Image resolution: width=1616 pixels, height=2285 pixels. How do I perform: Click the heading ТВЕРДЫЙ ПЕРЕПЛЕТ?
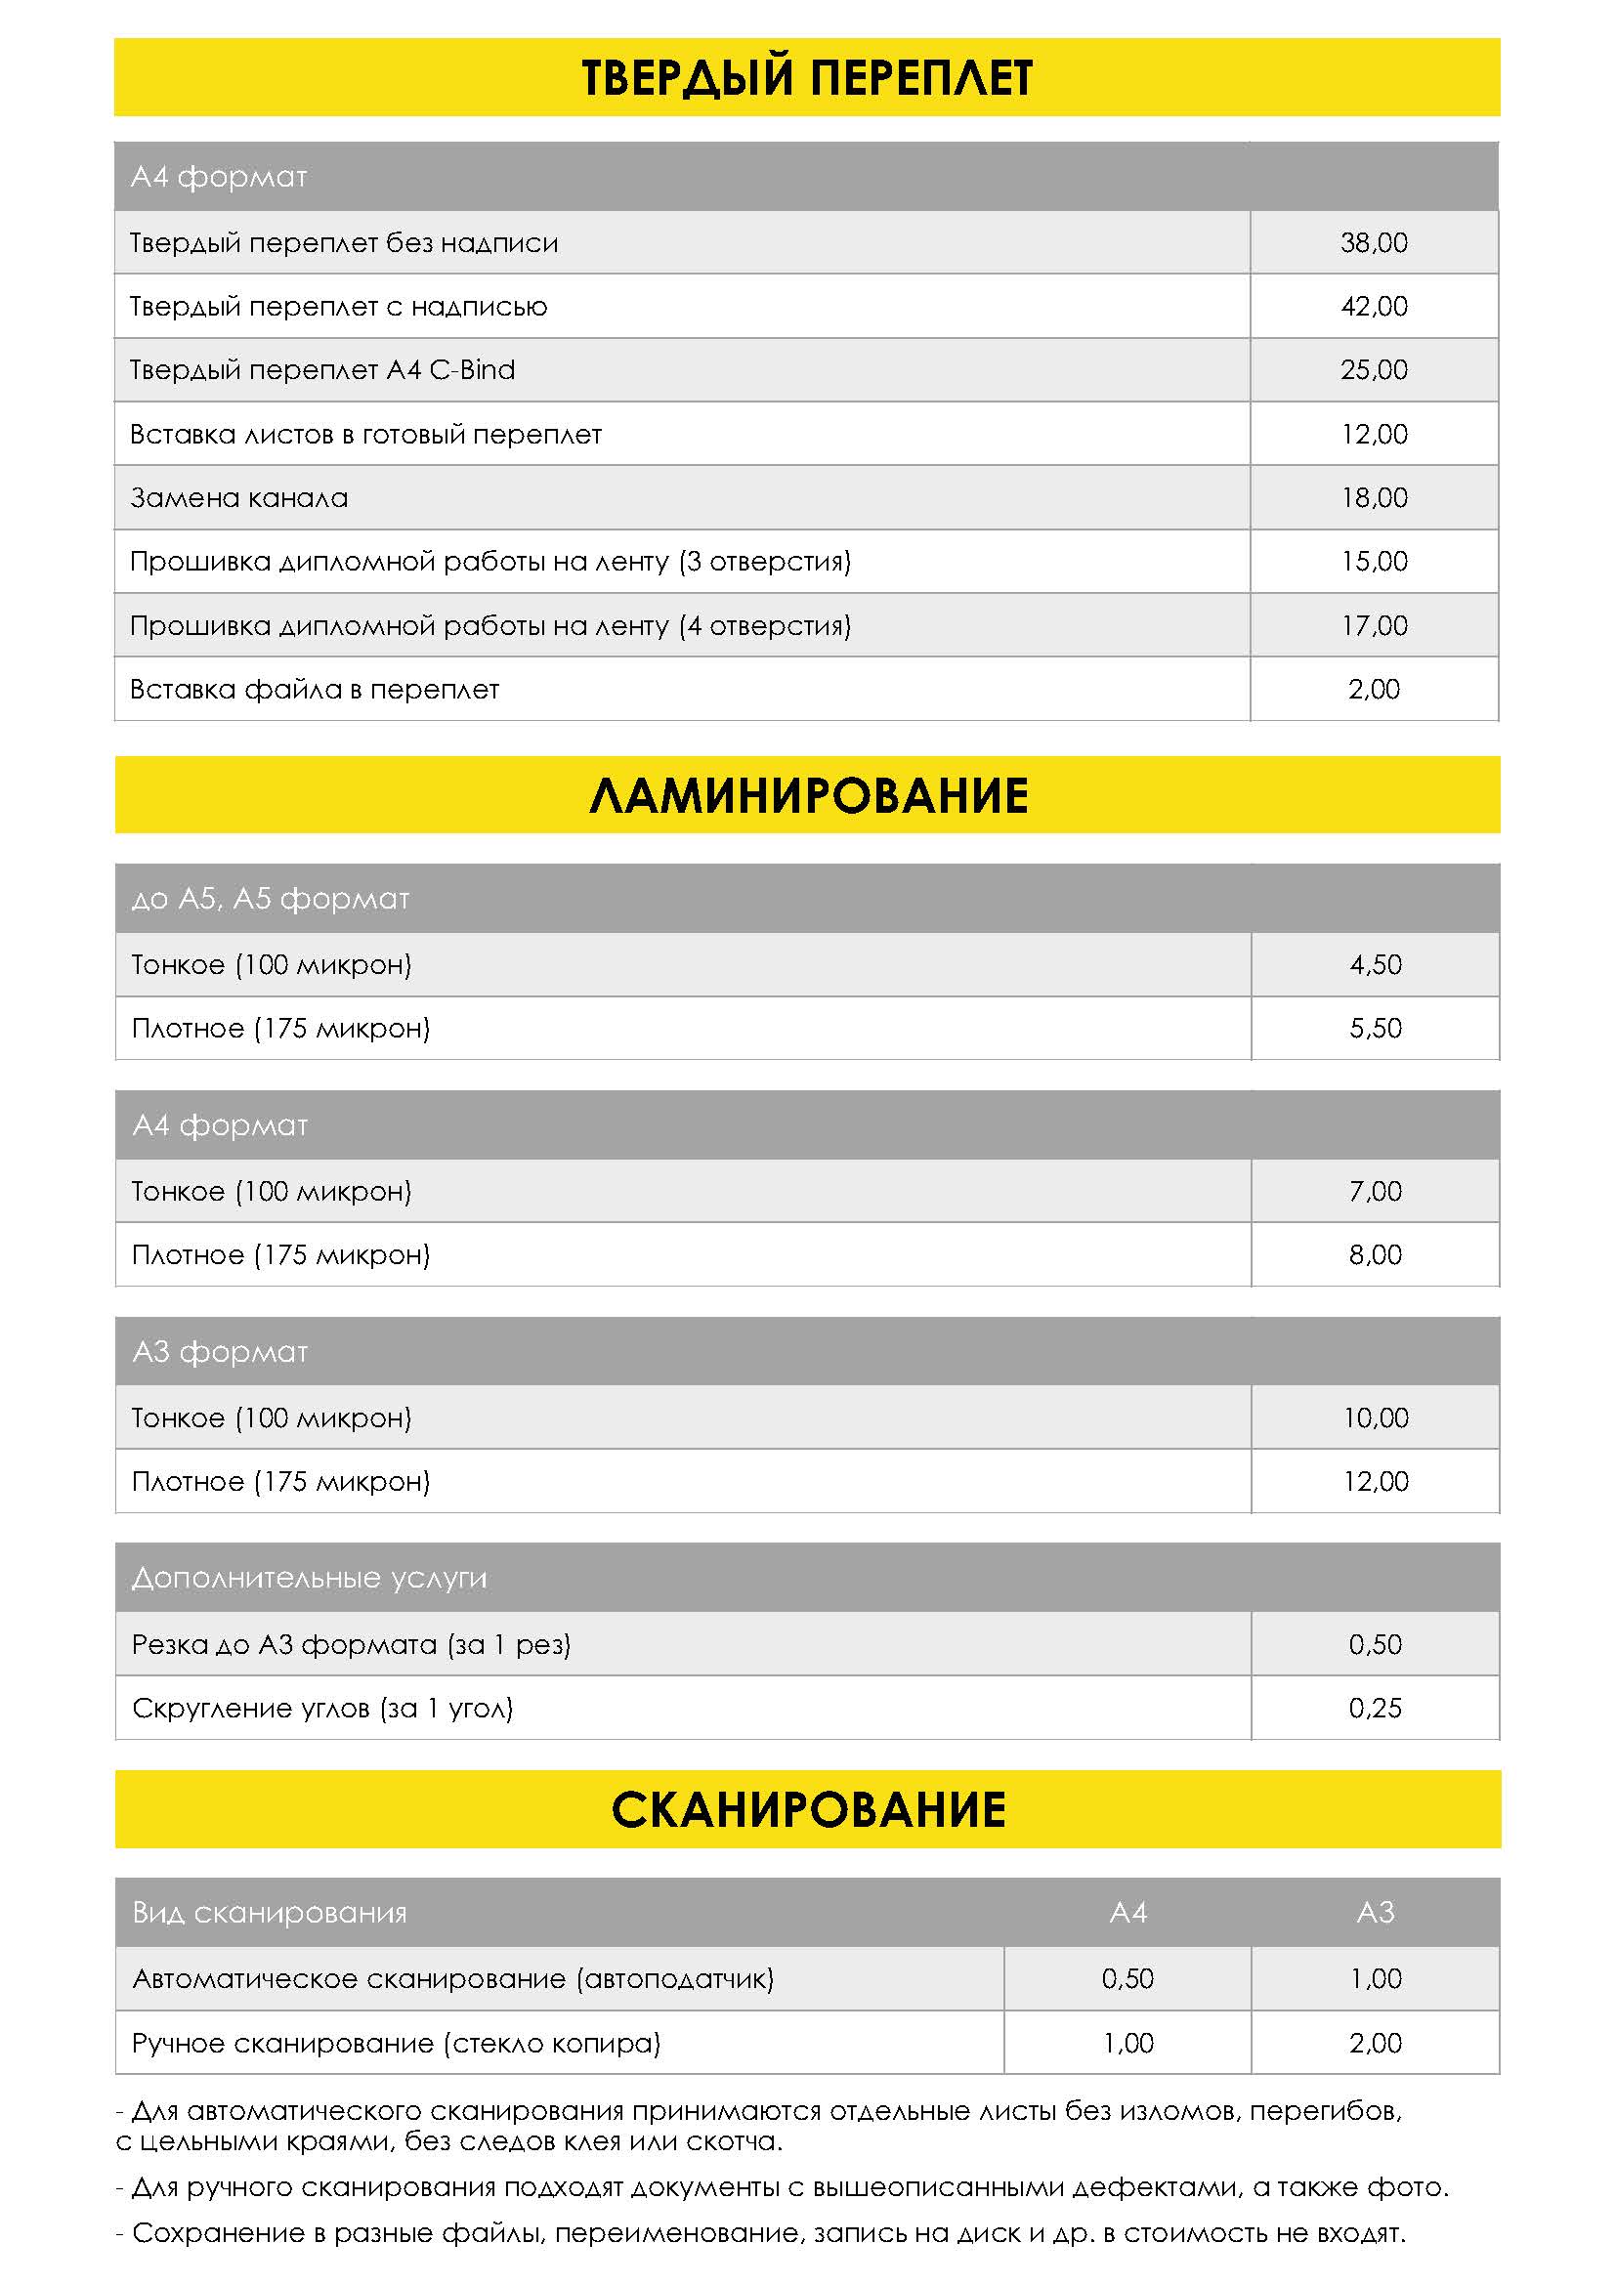click(x=807, y=77)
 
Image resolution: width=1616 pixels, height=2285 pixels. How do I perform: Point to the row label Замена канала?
click(x=238, y=497)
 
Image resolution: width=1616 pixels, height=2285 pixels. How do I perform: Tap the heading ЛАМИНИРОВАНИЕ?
click(x=807, y=796)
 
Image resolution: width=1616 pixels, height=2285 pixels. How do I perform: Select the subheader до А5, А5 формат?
click(x=271, y=900)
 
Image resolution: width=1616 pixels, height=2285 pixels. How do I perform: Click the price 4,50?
click(x=1376, y=964)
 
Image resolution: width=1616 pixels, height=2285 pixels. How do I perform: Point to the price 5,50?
click(x=1376, y=1028)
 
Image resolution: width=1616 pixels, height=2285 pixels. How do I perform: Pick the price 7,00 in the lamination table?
click(x=1376, y=1191)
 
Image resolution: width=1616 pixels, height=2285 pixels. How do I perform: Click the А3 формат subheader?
click(x=220, y=1352)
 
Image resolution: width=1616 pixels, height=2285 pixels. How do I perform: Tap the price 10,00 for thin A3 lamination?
click(x=1376, y=1418)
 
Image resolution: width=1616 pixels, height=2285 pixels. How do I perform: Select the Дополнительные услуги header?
click(x=310, y=1579)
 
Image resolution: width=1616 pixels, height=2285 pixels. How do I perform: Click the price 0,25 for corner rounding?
click(x=1376, y=1709)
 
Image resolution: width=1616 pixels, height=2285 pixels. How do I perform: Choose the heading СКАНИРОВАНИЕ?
click(x=807, y=1810)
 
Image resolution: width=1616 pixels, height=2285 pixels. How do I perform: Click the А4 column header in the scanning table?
click(x=1127, y=1913)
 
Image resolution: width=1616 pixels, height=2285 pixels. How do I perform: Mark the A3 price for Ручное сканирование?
click(x=1376, y=2043)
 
